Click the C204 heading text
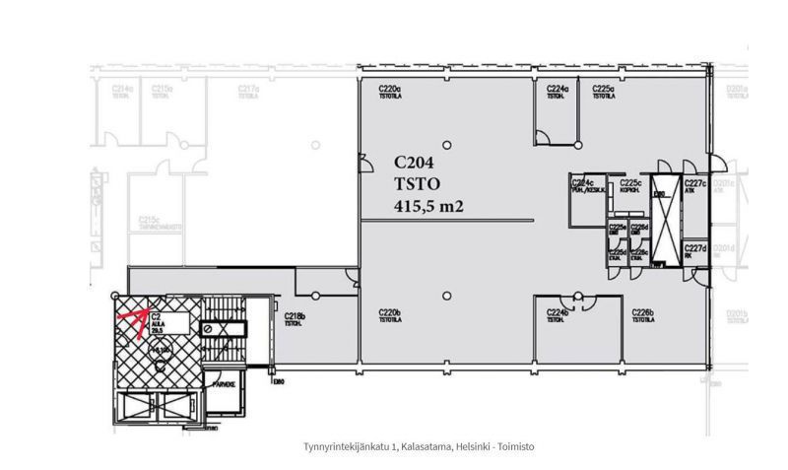click(414, 164)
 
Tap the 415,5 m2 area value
click(427, 206)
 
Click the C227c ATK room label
click(696, 185)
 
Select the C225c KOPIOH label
click(630, 185)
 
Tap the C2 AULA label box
click(156, 321)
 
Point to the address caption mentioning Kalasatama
click(420, 447)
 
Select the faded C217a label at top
click(248, 91)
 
